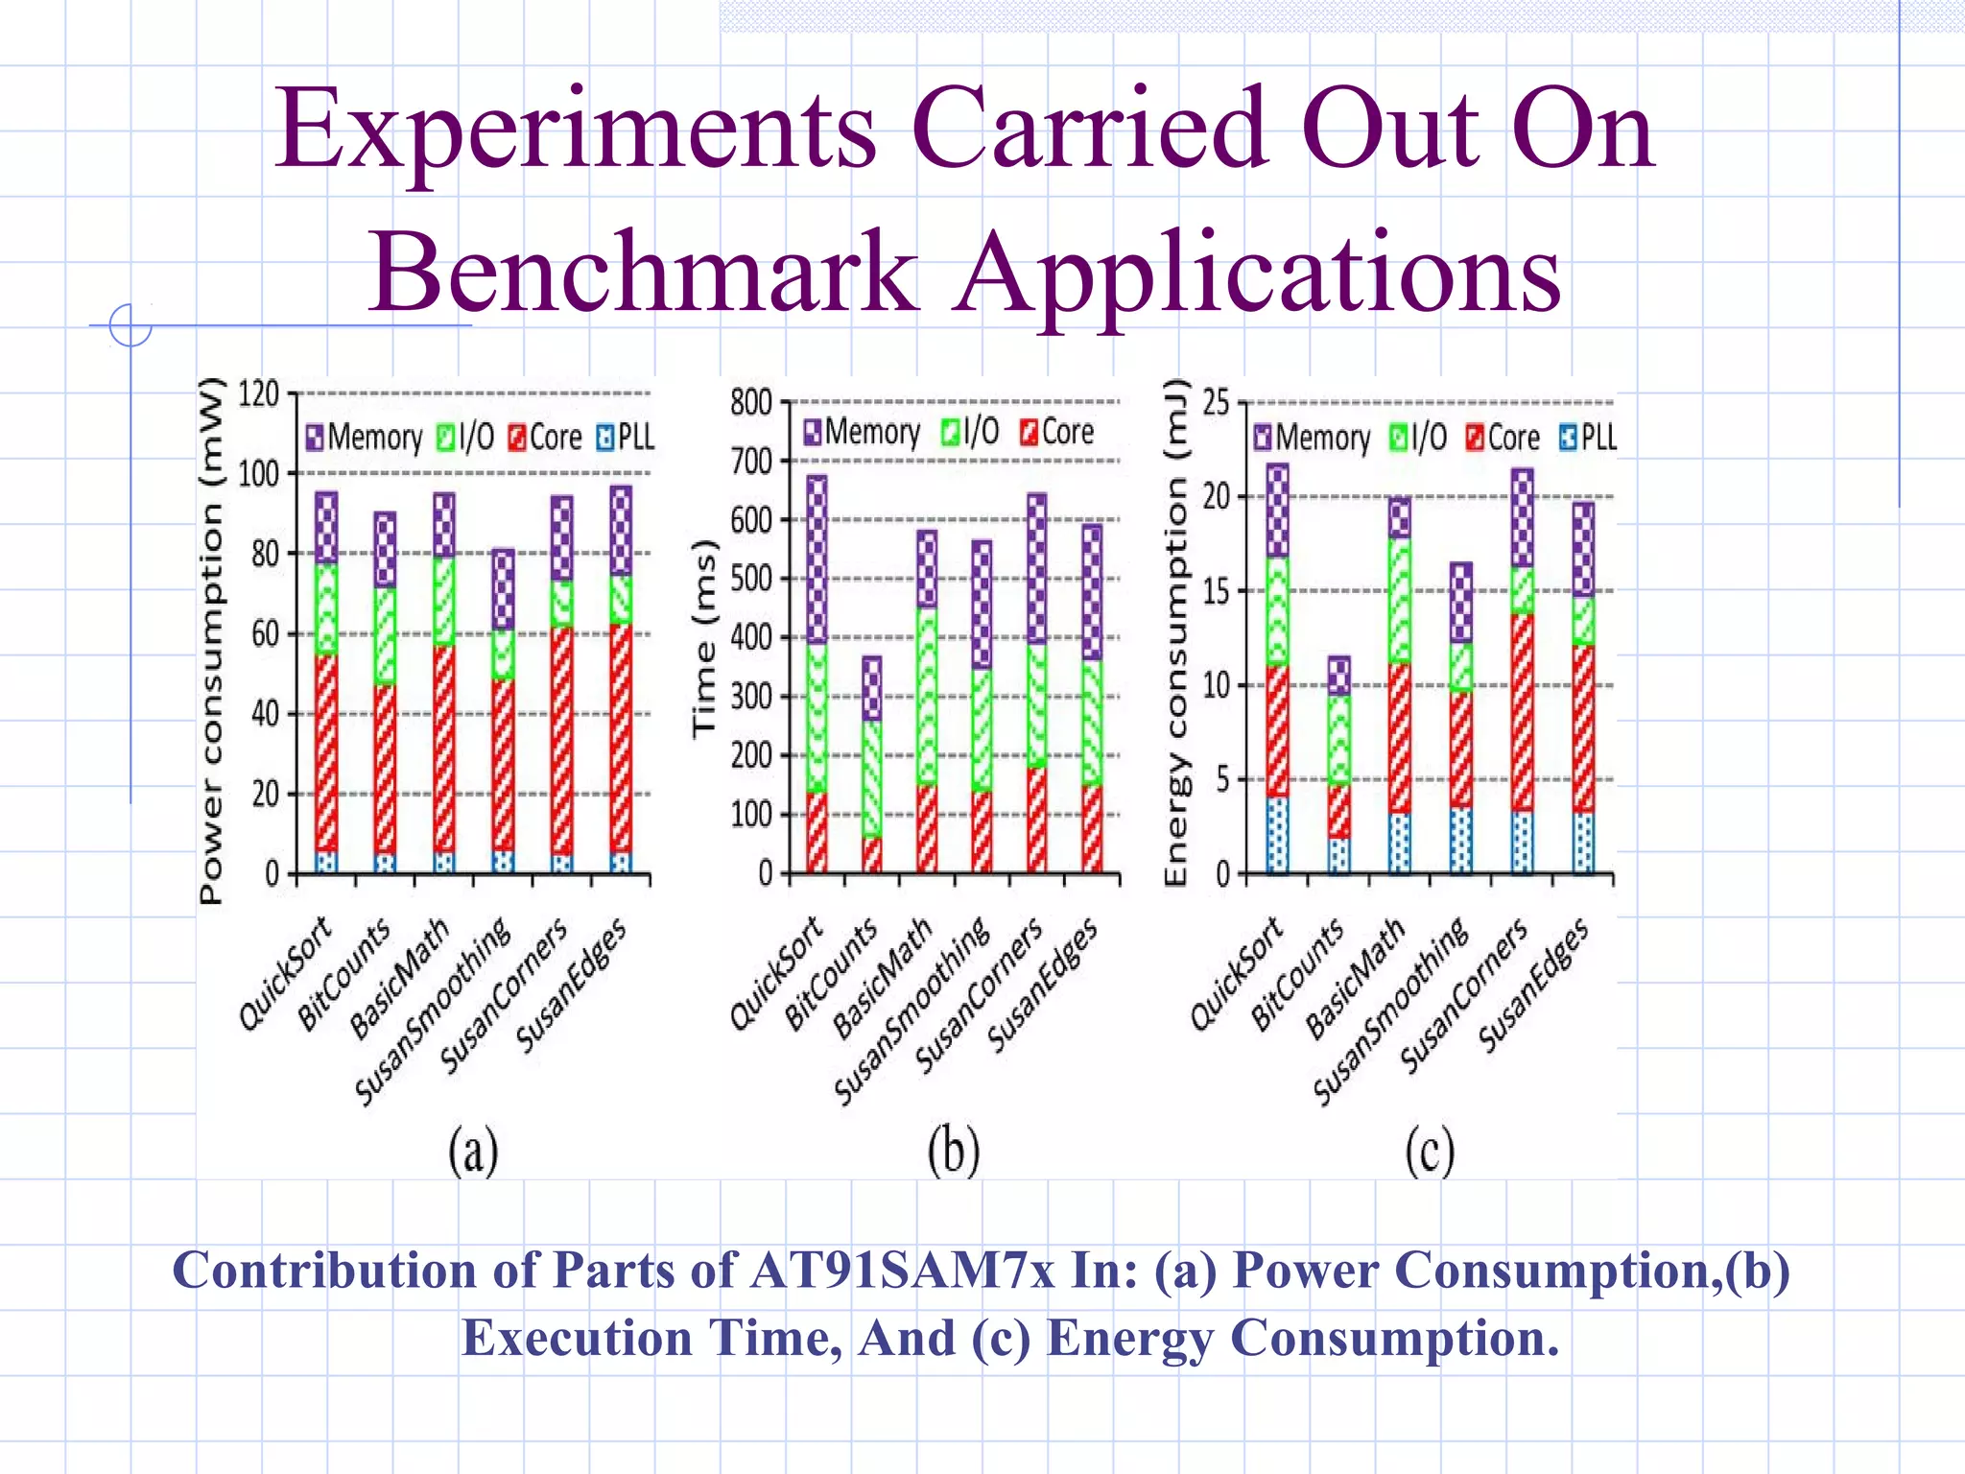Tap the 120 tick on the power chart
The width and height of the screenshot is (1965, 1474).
(258, 394)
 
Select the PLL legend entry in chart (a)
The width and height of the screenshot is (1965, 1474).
(626, 438)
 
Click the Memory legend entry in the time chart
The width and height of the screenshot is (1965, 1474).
(861, 433)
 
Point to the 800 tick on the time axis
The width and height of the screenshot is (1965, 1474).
(751, 402)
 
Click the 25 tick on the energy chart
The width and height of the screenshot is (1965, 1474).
(1216, 402)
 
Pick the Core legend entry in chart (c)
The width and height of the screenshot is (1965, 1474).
(1503, 439)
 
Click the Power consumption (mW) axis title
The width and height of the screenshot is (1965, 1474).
(211, 641)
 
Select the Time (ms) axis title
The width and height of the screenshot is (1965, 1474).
(705, 638)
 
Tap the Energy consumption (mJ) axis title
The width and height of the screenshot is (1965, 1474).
(1176, 633)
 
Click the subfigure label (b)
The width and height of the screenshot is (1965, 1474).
(954, 1151)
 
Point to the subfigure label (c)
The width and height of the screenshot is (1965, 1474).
(1430, 1151)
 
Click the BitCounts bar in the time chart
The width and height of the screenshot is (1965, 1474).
(871, 765)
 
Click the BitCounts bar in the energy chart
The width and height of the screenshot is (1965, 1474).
(1338, 765)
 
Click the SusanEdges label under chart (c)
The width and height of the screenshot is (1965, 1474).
(1532, 985)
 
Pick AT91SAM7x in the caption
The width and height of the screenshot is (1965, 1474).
(902, 1271)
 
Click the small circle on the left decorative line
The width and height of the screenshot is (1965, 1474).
(130, 325)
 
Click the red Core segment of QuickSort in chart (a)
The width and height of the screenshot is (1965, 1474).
(326, 753)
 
